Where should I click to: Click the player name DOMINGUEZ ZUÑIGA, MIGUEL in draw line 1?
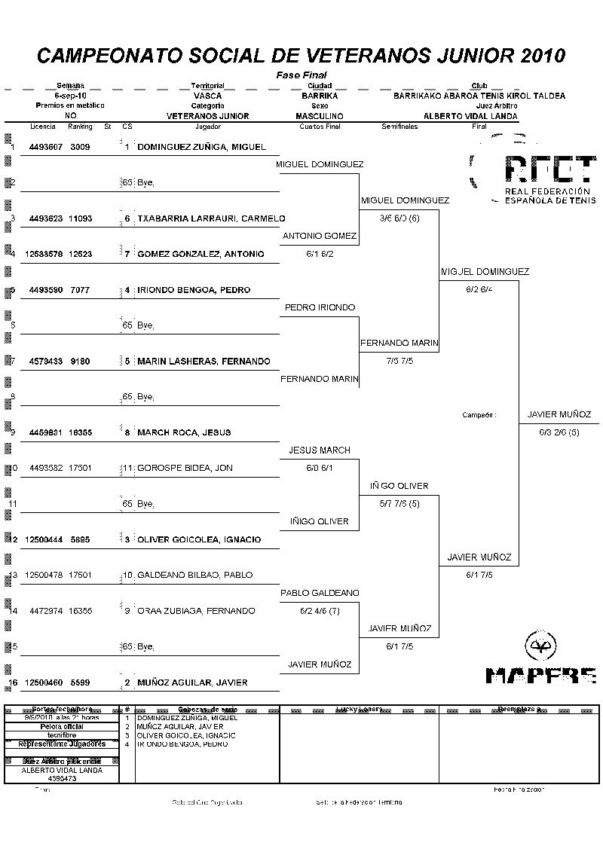coord(201,147)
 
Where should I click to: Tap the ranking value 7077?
coord(79,290)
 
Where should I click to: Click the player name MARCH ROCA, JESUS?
coord(184,432)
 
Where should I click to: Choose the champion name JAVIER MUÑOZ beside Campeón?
coord(559,414)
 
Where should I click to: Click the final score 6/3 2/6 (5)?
coord(559,432)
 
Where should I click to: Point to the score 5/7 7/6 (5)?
coord(399,503)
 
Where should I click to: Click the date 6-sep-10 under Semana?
coord(70,96)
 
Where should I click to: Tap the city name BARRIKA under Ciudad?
coord(320,96)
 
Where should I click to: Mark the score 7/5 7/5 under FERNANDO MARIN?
coord(399,361)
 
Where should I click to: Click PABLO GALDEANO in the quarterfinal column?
coord(320,593)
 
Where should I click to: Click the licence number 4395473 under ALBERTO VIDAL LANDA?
coord(61,778)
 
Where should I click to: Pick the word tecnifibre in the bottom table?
coord(61,734)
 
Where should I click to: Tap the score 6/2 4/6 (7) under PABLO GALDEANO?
coord(320,611)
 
